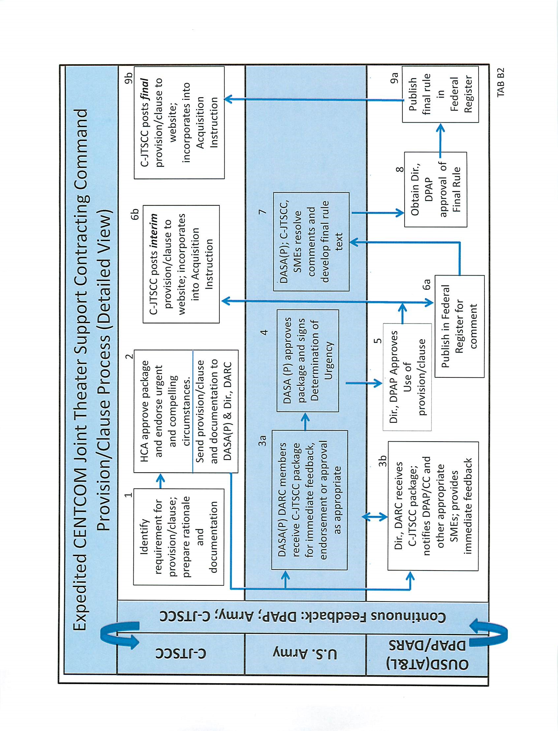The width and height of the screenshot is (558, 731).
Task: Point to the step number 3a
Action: point(263,440)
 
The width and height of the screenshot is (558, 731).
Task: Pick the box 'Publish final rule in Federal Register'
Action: point(440,95)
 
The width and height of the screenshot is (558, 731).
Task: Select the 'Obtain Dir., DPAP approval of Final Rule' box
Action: point(435,190)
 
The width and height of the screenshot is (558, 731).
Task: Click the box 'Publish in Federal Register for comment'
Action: point(459,326)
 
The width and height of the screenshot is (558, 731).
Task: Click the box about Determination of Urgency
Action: point(308,361)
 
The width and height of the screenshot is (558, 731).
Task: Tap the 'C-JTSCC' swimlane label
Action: point(181,654)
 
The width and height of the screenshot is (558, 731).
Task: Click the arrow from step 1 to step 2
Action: point(160,481)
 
